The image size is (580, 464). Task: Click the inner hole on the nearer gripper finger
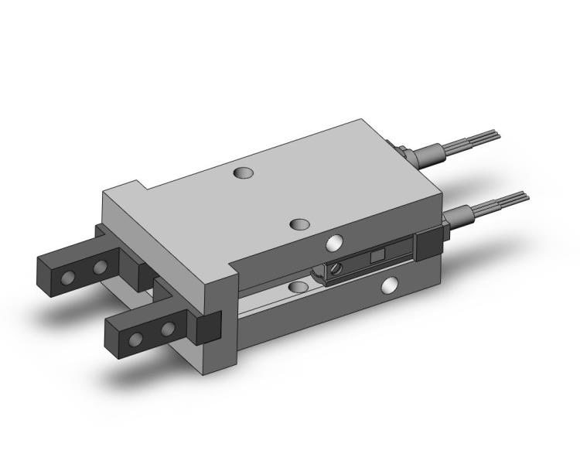click(166, 330)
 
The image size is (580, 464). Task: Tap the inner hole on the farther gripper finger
click(99, 268)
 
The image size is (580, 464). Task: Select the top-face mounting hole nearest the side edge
click(299, 224)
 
